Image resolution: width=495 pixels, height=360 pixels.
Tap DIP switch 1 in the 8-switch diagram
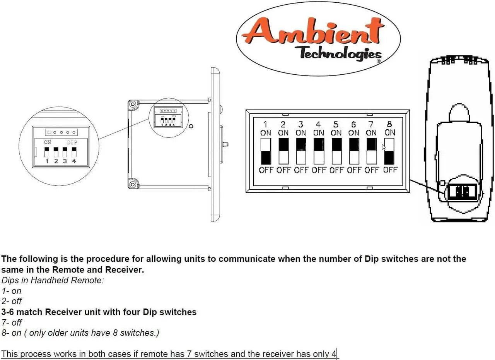point(266,151)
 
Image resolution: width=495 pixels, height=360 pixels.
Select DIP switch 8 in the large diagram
point(389,151)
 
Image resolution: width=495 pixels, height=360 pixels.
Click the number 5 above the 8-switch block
point(336,125)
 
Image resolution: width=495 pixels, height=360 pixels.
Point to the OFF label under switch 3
point(301,170)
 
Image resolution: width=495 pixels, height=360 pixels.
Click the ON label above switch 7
point(371,133)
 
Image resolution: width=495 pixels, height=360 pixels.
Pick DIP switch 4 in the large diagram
point(319,151)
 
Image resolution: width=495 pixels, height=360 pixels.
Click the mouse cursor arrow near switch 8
point(384,147)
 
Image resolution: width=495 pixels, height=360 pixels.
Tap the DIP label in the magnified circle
point(72,142)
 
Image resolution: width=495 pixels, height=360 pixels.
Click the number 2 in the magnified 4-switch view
point(56,161)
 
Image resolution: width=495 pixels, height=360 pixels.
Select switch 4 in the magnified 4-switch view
point(74,153)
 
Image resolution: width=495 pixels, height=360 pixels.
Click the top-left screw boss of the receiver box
point(133,104)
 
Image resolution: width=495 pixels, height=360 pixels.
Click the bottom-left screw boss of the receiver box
point(133,184)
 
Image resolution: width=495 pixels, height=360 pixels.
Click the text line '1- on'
point(12,291)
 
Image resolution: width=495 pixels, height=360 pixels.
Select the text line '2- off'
point(12,301)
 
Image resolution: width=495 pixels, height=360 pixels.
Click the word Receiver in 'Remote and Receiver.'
point(125,270)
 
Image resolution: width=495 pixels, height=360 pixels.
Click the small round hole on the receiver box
point(191,126)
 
